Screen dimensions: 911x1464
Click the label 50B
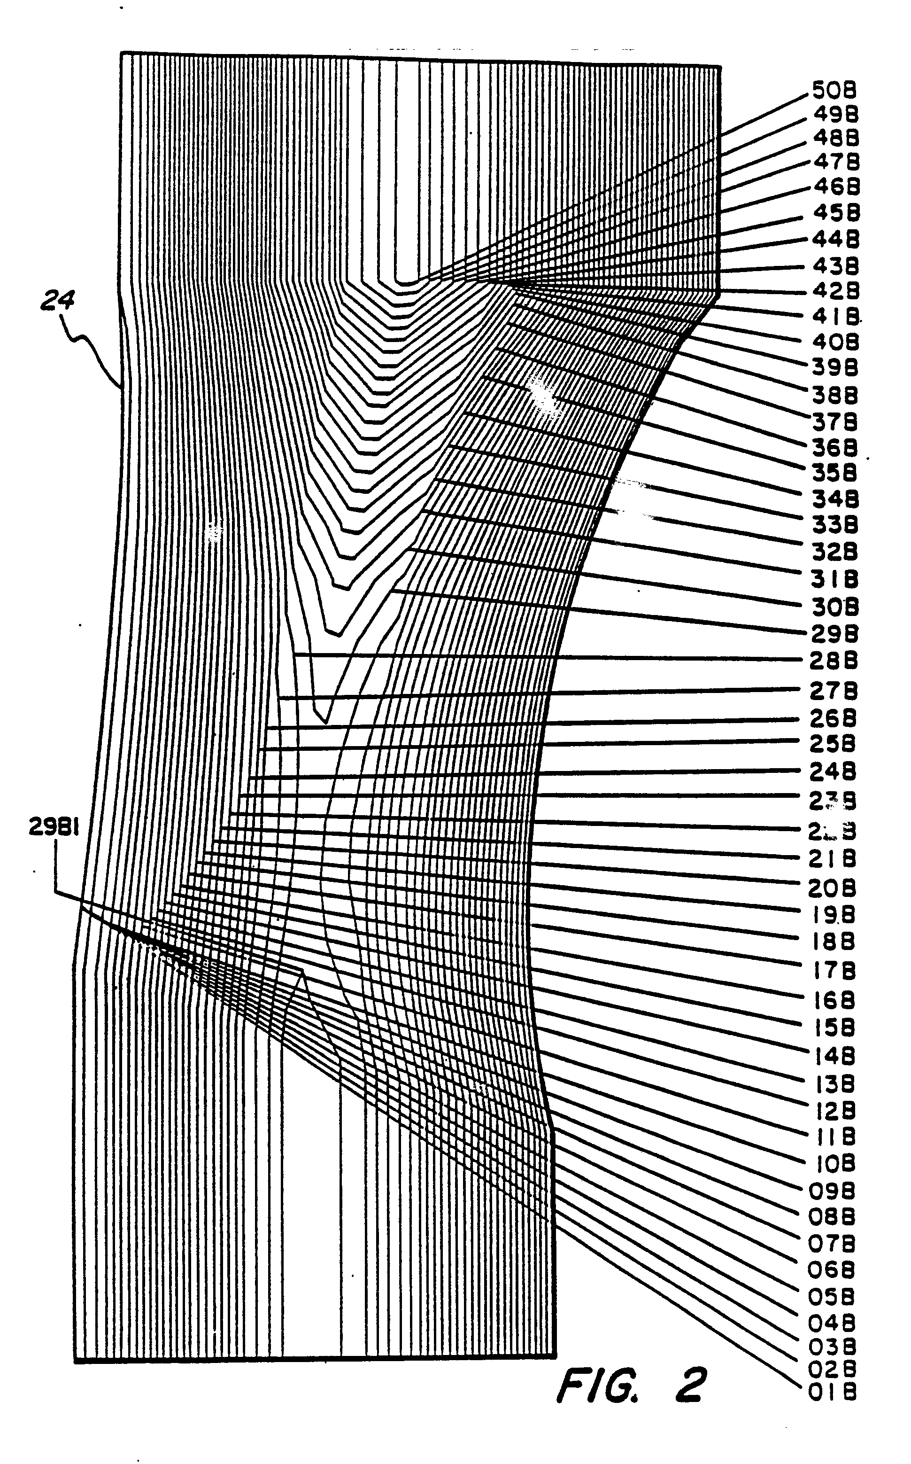click(834, 91)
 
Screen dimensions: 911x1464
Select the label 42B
click(835, 291)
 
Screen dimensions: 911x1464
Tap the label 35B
click(834, 473)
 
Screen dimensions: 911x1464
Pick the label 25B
click(833, 744)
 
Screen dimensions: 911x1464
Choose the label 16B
click(833, 1001)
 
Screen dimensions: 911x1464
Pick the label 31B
click(834, 580)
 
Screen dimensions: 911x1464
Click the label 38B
click(834, 396)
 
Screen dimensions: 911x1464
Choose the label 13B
click(833, 1084)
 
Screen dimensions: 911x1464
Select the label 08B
click(832, 1217)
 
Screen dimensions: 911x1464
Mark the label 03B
click(832, 1346)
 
